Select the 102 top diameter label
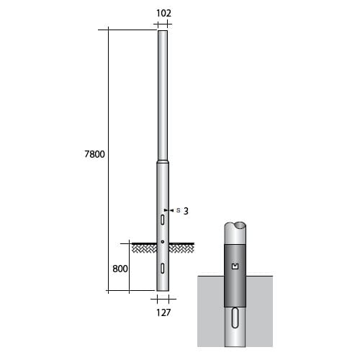pyautogui.click(x=164, y=12)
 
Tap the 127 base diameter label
pyautogui.click(x=164, y=313)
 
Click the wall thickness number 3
pyautogui.click(x=186, y=211)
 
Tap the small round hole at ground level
pyautogui.click(x=163, y=241)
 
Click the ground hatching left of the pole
pyautogui.click(x=144, y=248)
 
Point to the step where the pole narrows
pyautogui.click(x=163, y=163)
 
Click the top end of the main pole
pyautogui.click(x=163, y=30)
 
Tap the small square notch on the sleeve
pyautogui.click(x=238, y=268)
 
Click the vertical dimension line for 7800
pyautogui.click(x=108, y=108)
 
